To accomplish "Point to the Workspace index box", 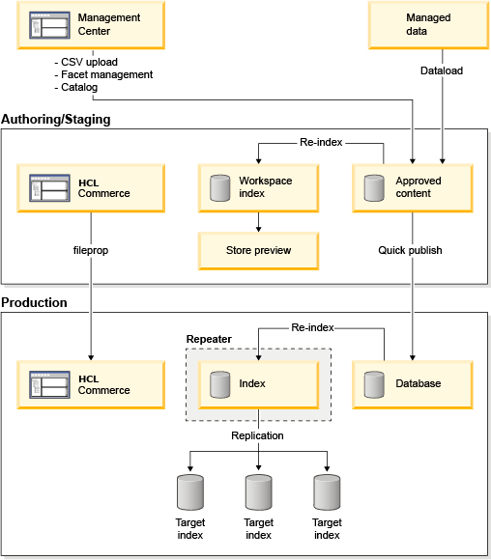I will [258, 187].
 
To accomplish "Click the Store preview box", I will [258, 251].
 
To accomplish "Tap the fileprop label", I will [90, 250].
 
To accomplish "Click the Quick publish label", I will [411, 250].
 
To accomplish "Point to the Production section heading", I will [35, 302].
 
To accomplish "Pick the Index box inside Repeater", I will [258, 383].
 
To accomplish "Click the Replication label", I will [257, 435].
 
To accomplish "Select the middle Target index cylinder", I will [258, 492].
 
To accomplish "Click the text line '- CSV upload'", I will [87, 61].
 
